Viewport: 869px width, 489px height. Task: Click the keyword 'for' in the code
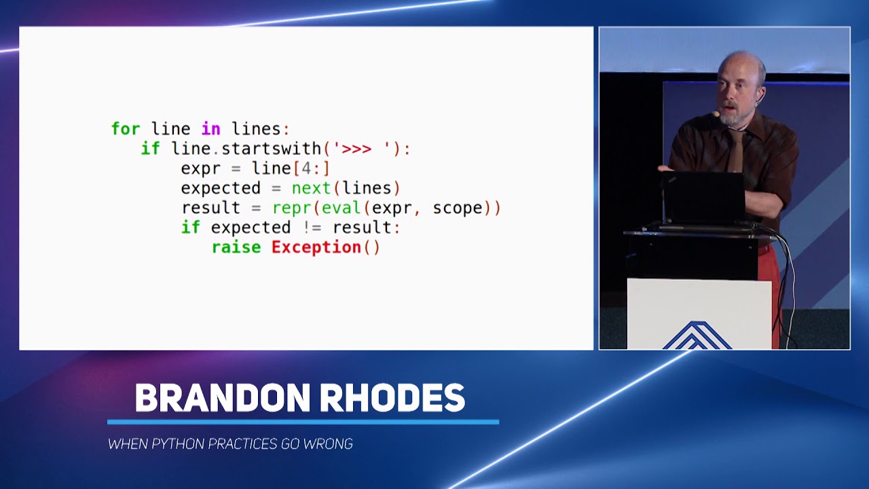pyautogui.click(x=126, y=129)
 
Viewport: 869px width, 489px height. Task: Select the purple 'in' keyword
pyautogui.click(x=210, y=129)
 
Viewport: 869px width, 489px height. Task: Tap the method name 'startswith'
pyautogui.click(x=271, y=149)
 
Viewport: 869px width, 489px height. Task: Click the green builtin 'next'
pyautogui.click(x=311, y=188)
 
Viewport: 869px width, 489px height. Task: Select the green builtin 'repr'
pyautogui.click(x=291, y=208)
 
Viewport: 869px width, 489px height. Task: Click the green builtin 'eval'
pyautogui.click(x=341, y=208)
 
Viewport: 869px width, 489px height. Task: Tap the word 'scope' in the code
pyautogui.click(x=458, y=208)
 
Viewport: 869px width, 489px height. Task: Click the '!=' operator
pyautogui.click(x=311, y=228)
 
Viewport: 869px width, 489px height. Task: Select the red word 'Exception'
pyautogui.click(x=316, y=247)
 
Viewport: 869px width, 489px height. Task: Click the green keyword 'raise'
pyautogui.click(x=236, y=247)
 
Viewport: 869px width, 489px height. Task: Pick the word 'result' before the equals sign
pyautogui.click(x=211, y=208)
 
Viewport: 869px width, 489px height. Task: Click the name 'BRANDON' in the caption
pyautogui.click(x=222, y=398)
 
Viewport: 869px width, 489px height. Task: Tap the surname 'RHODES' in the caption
pyautogui.click(x=392, y=398)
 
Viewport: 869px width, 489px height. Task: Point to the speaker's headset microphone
pyautogui.click(x=716, y=115)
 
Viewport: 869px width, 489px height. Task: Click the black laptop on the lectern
pyautogui.click(x=703, y=197)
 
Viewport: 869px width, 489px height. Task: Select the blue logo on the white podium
pyautogui.click(x=697, y=336)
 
